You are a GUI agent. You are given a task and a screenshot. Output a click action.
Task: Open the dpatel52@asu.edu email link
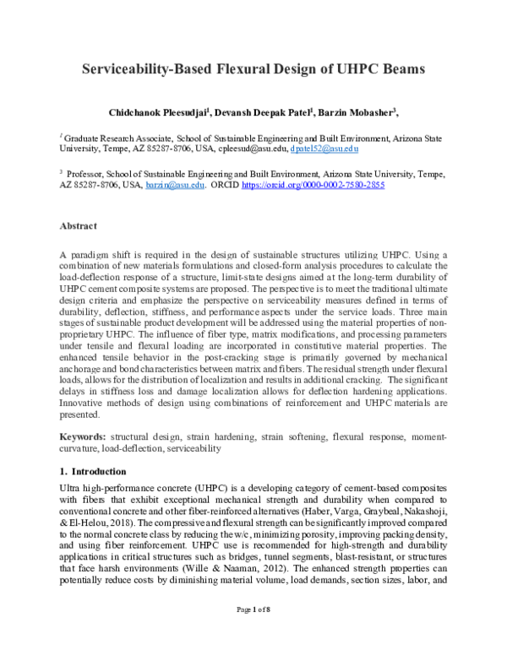click(x=324, y=148)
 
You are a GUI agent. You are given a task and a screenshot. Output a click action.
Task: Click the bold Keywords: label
click(x=87, y=436)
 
